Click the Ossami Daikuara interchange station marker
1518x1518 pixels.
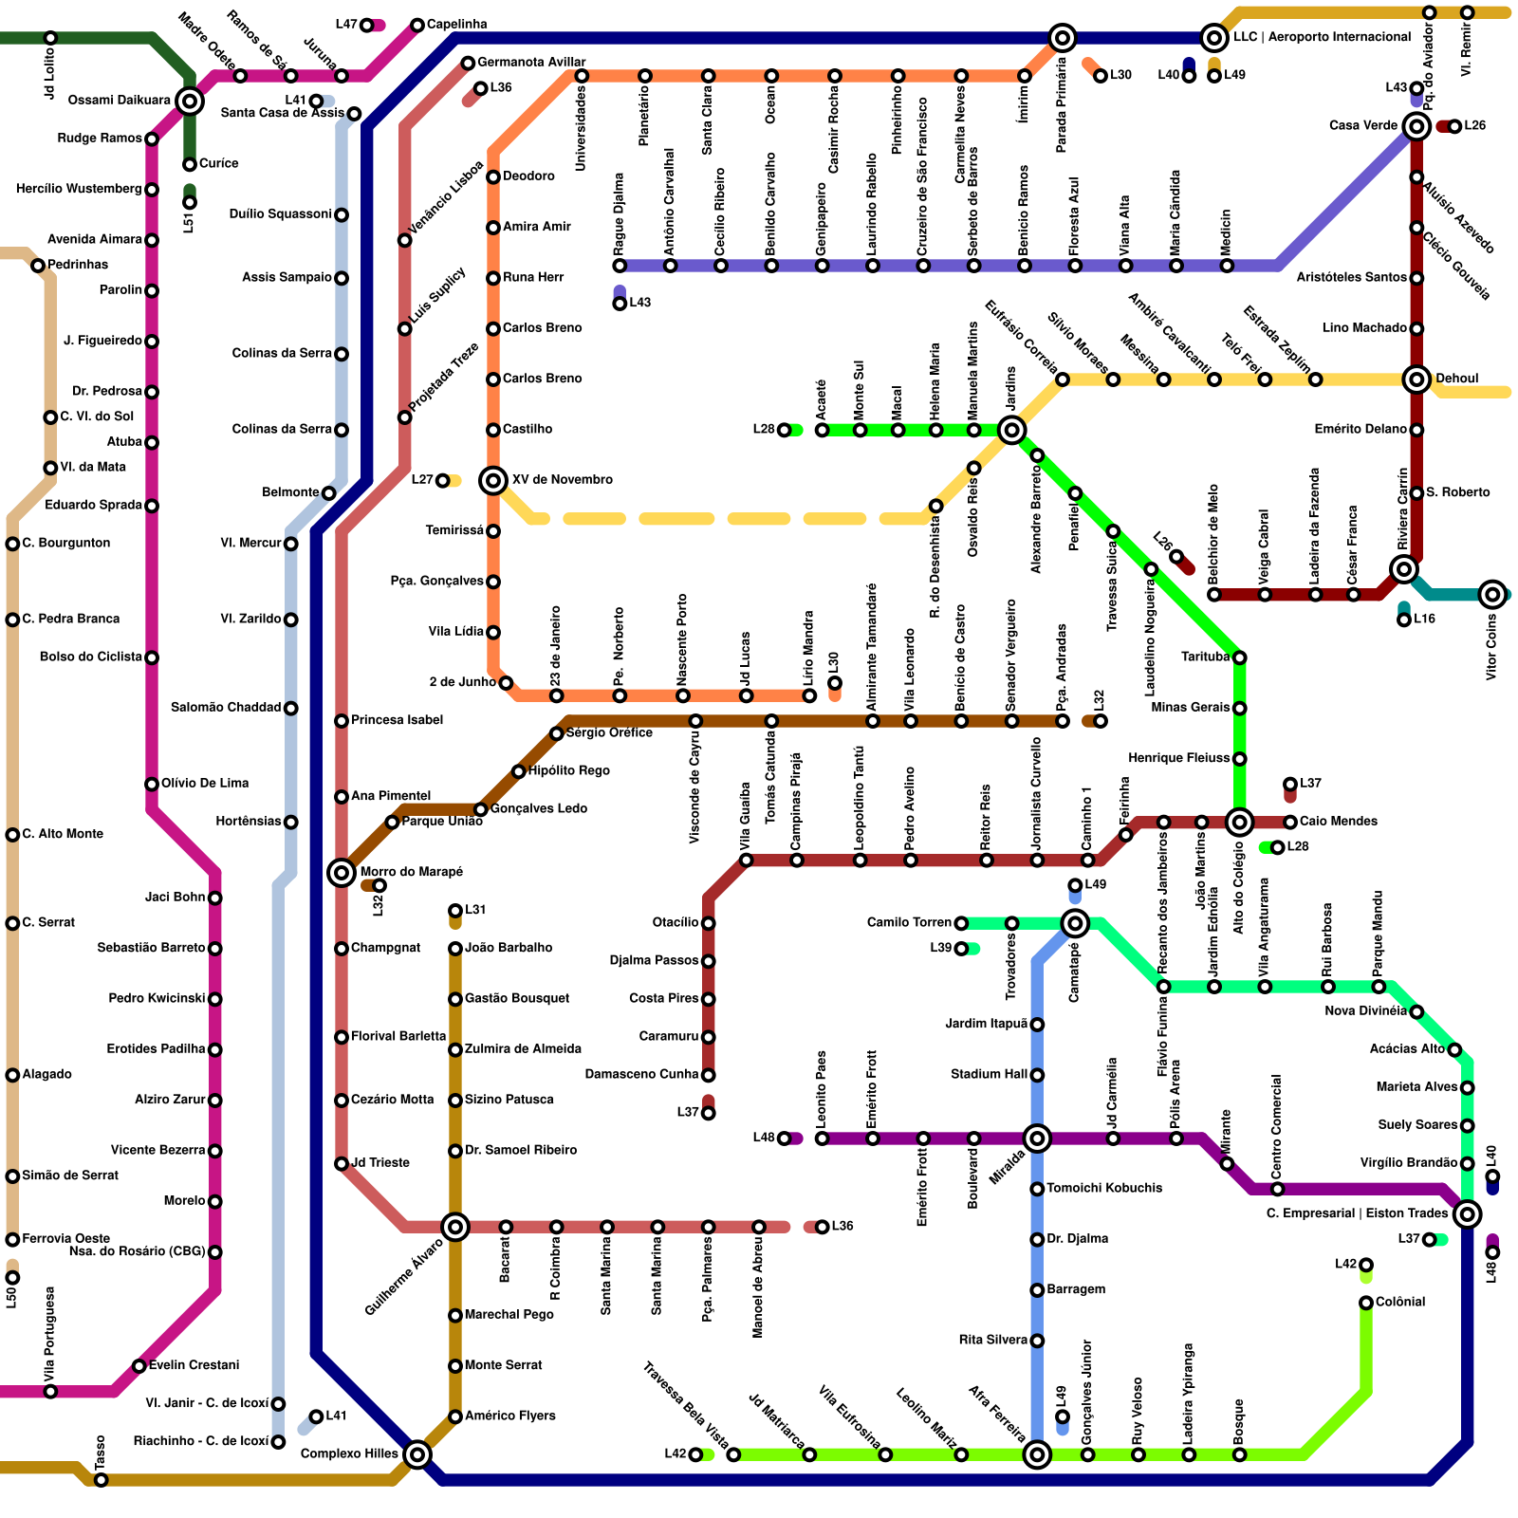(x=190, y=101)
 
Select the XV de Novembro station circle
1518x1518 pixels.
(x=493, y=480)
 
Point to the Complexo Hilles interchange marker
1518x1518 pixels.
(x=417, y=1453)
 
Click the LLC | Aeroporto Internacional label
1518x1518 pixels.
(x=1322, y=38)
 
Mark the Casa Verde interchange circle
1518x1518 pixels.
(x=1416, y=126)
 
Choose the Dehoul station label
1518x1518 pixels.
(x=1456, y=379)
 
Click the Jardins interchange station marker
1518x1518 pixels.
(x=1012, y=430)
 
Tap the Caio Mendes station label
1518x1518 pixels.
(x=1339, y=822)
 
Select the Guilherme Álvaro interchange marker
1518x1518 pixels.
(x=455, y=1227)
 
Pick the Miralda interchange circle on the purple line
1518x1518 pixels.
(x=1037, y=1138)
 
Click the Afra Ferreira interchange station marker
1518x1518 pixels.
(x=1037, y=1454)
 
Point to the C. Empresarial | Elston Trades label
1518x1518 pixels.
(x=1357, y=1213)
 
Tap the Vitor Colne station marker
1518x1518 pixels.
(x=1492, y=595)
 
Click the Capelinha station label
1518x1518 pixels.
(x=456, y=25)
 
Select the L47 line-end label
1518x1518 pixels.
(x=346, y=25)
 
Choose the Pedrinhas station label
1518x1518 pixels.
(x=78, y=265)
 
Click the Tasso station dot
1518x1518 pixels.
(x=102, y=1480)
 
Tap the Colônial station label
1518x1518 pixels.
(x=1399, y=1302)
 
